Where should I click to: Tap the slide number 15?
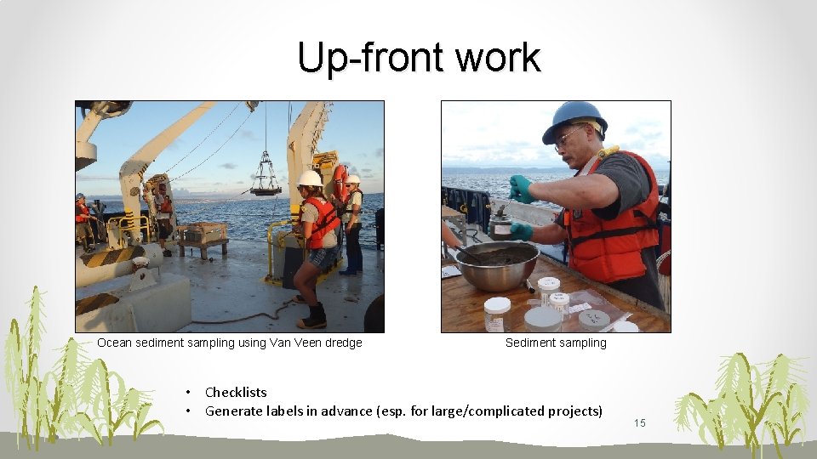(640, 423)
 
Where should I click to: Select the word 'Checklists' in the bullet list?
(236, 392)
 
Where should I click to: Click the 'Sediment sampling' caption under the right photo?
(556, 343)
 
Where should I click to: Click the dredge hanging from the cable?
(266, 179)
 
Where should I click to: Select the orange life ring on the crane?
(340, 182)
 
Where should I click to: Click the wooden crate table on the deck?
(203, 235)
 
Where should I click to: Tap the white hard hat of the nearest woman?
(310, 178)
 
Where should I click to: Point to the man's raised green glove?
(521, 189)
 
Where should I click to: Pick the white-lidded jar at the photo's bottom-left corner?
(496, 314)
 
